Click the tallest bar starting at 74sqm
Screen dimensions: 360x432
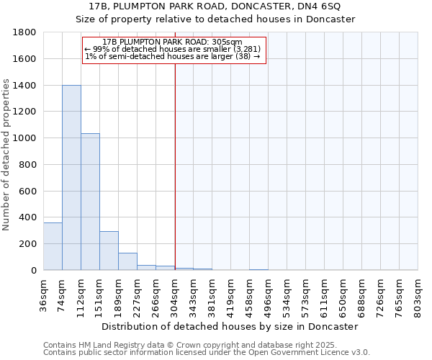click(71, 178)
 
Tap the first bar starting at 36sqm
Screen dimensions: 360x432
click(53, 246)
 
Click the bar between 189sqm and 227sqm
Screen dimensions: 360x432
click(127, 261)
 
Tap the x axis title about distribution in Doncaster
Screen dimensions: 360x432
click(230, 326)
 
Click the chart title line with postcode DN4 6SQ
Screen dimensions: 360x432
click(215, 6)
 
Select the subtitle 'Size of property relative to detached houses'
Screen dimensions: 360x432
click(215, 19)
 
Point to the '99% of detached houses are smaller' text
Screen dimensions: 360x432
click(172, 49)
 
